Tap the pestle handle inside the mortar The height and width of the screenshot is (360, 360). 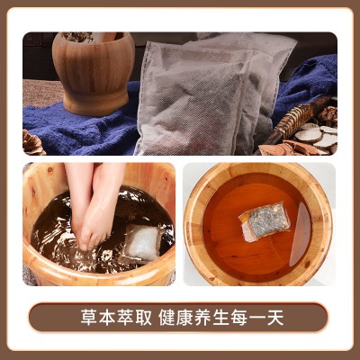[104, 37]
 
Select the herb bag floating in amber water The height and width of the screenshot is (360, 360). [264, 220]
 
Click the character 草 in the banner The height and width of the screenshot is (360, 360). [90, 317]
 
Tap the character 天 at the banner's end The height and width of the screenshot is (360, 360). [274, 317]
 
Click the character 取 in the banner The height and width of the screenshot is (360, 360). [143, 317]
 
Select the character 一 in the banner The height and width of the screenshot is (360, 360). [256, 318]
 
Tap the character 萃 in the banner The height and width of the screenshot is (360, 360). [125, 317]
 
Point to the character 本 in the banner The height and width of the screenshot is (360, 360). [107, 317]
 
